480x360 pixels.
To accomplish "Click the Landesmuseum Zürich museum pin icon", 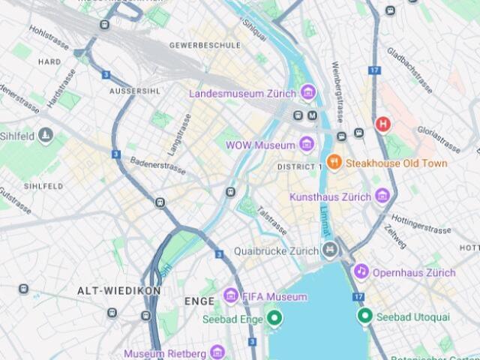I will (x=307, y=93).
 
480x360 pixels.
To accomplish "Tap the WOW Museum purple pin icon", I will (x=307, y=144).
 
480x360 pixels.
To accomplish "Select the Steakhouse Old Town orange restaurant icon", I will (x=334, y=163).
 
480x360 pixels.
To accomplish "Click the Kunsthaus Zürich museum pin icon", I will (x=383, y=196).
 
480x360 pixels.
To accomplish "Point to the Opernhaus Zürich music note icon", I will (x=361, y=271).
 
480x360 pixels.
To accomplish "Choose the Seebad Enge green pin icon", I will (x=274, y=318).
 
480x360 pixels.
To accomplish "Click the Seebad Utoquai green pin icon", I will (x=365, y=316).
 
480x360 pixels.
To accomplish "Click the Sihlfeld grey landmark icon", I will (x=46, y=135).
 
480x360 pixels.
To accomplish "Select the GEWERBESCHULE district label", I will (x=205, y=45).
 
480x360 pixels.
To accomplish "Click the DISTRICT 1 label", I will (x=299, y=166).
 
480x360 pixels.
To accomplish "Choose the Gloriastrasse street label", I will (x=439, y=140).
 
